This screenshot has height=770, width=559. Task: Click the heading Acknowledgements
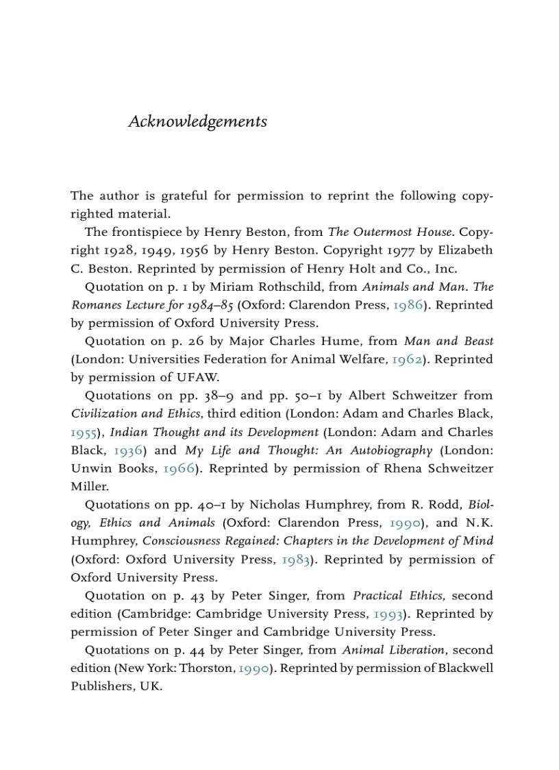click(x=197, y=122)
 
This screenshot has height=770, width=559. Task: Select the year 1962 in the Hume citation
click(x=406, y=359)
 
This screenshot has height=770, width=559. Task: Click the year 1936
click(x=128, y=450)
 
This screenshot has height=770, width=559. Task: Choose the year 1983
click(x=297, y=560)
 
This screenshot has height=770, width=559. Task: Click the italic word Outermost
click(x=380, y=232)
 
